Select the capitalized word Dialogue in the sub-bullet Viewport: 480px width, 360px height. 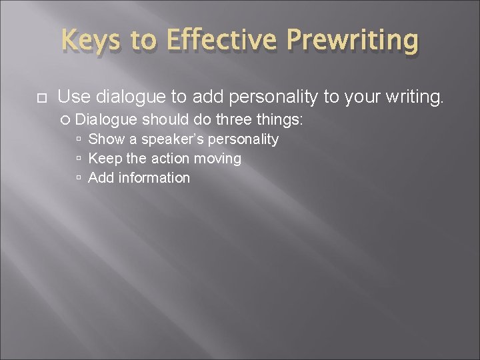point(107,120)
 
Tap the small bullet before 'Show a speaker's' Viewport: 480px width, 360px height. point(79,140)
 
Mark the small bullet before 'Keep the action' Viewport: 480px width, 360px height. point(79,159)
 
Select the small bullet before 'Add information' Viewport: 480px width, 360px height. point(79,179)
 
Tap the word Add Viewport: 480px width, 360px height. point(100,178)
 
